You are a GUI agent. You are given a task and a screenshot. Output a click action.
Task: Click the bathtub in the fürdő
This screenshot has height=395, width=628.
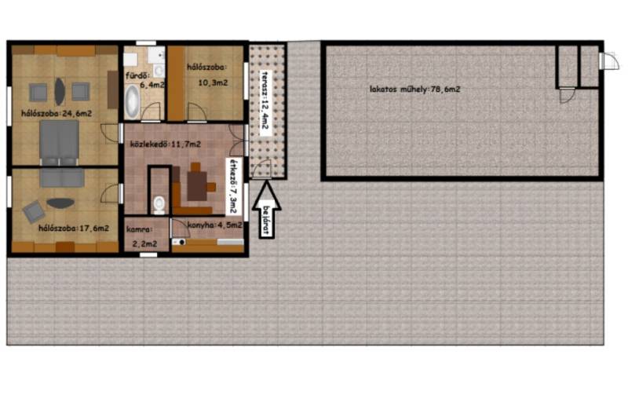pyautogui.click(x=132, y=101)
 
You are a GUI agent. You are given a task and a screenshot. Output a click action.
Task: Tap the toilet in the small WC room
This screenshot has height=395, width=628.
pyautogui.click(x=159, y=204)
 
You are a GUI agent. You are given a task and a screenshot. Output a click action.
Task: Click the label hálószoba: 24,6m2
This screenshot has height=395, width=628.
pyautogui.click(x=57, y=113)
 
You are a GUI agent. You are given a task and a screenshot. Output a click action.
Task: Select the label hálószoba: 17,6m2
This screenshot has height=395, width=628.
pyautogui.click(x=74, y=229)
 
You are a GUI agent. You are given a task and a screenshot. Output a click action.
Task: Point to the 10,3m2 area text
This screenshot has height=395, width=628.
pyautogui.click(x=213, y=83)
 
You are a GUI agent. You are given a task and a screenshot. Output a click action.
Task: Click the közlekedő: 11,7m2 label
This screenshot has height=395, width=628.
pyautogui.click(x=166, y=144)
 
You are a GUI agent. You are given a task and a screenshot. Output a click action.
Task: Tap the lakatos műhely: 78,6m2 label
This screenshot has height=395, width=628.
pyautogui.click(x=415, y=89)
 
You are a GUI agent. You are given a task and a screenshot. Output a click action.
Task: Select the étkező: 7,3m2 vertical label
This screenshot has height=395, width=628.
pyautogui.click(x=232, y=186)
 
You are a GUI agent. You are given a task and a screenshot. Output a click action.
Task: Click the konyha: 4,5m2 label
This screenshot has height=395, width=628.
pyautogui.click(x=214, y=225)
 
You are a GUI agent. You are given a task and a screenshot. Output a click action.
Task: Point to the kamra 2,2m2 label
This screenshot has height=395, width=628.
pyautogui.click(x=142, y=236)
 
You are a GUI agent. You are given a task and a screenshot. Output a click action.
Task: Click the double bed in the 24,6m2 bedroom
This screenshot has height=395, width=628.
pyautogui.click(x=59, y=143)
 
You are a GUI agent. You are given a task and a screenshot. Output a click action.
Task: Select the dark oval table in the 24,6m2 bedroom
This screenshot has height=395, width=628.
pyautogui.click(x=60, y=91)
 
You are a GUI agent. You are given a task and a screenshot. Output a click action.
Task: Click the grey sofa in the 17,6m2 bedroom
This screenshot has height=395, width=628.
pyautogui.click(x=62, y=178)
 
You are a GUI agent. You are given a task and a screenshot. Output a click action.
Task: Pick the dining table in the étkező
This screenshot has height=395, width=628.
pyautogui.click(x=197, y=186)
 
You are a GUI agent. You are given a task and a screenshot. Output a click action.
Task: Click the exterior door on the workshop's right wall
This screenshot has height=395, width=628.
pyautogui.click(x=609, y=60)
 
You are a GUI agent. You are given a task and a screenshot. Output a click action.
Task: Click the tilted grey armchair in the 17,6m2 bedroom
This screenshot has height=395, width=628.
pyautogui.click(x=34, y=211)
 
